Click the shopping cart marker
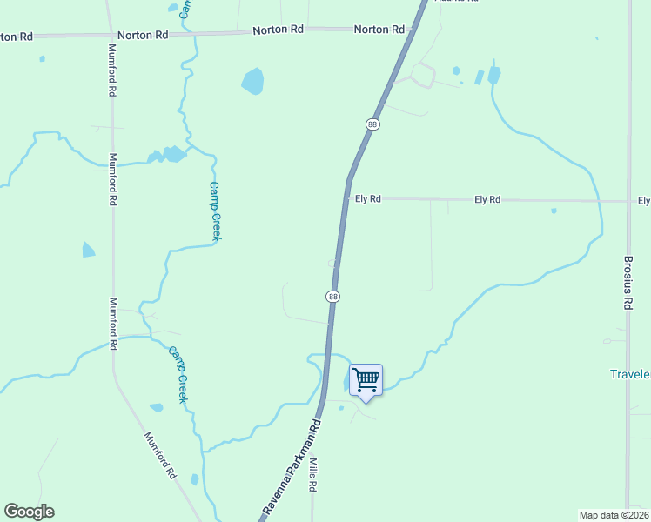tap(366, 380)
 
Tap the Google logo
tap(29, 512)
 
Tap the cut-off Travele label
tap(630, 374)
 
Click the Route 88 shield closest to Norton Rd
tap(372, 124)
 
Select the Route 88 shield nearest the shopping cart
tap(332, 297)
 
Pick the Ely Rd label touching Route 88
tap(368, 199)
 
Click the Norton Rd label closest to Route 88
tap(379, 30)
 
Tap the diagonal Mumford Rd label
tap(161, 457)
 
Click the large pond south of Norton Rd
tap(252, 82)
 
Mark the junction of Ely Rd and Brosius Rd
tap(628, 201)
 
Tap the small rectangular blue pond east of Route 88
tap(479, 77)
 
